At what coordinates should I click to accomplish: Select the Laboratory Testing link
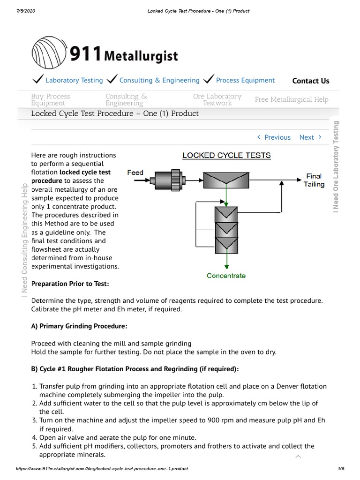[x=74, y=80]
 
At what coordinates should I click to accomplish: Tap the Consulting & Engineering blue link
[x=159, y=80]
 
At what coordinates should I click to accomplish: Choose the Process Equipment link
[x=245, y=80]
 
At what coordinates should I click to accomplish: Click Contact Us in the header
[x=310, y=81]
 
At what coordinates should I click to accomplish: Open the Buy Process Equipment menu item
[x=51, y=99]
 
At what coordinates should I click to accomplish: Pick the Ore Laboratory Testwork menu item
[x=217, y=99]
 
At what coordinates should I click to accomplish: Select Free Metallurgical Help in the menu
[x=291, y=99]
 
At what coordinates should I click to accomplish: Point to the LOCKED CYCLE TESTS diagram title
[x=226, y=155]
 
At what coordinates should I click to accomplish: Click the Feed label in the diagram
[x=135, y=172]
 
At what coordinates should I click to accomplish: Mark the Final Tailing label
[x=314, y=180]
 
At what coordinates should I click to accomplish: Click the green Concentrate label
[x=226, y=276]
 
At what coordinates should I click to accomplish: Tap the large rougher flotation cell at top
[x=226, y=180]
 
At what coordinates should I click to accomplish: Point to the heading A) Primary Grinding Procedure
[x=79, y=326]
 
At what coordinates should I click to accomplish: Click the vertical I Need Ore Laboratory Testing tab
[x=336, y=166]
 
